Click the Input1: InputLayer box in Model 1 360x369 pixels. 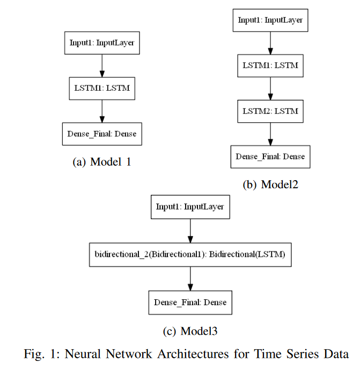click(x=102, y=43)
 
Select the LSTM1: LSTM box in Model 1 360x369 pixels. click(x=102, y=88)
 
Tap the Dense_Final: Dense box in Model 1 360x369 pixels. click(x=102, y=134)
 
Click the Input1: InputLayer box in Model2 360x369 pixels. click(x=270, y=20)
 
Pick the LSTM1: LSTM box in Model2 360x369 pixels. click(x=270, y=65)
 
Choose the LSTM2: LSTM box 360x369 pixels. click(x=270, y=112)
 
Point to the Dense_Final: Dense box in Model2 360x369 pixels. click(x=270, y=157)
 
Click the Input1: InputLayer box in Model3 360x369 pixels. click(x=190, y=207)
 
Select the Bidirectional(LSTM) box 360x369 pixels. click(x=190, y=255)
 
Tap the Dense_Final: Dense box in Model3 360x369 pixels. click(x=190, y=302)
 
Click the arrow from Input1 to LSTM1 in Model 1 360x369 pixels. click(x=102, y=65)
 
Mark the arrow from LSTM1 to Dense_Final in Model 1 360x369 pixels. click(x=102, y=111)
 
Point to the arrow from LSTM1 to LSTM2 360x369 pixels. click(x=270, y=88)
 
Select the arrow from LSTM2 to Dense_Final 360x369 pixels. click(x=270, y=134)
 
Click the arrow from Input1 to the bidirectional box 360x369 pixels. click(x=190, y=231)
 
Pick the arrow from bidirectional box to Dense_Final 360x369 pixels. click(x=190, y=279)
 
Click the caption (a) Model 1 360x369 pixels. click(x=102, y=162)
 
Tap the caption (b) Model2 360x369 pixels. click(x=270, y=184)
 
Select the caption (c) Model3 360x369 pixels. click(x=190, y=331)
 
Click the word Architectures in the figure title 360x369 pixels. click(x=193, y=354)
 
